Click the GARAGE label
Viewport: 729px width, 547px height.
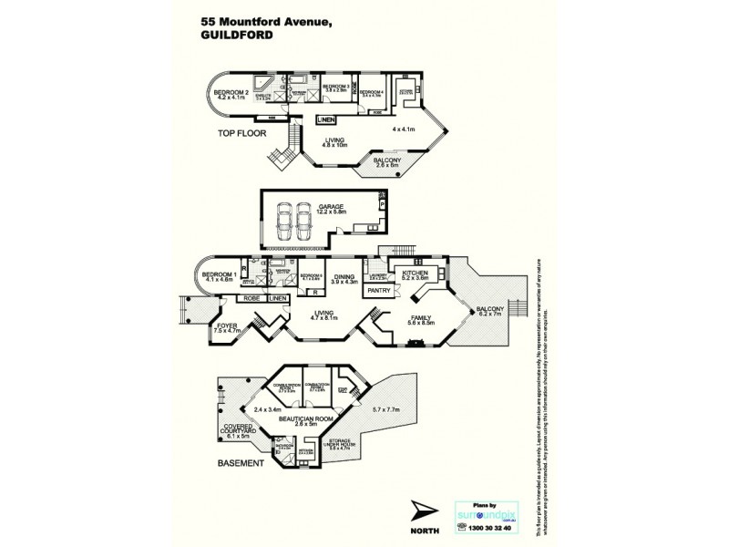pos(330,209)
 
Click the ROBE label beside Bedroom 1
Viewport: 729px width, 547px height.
pos(251,298)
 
